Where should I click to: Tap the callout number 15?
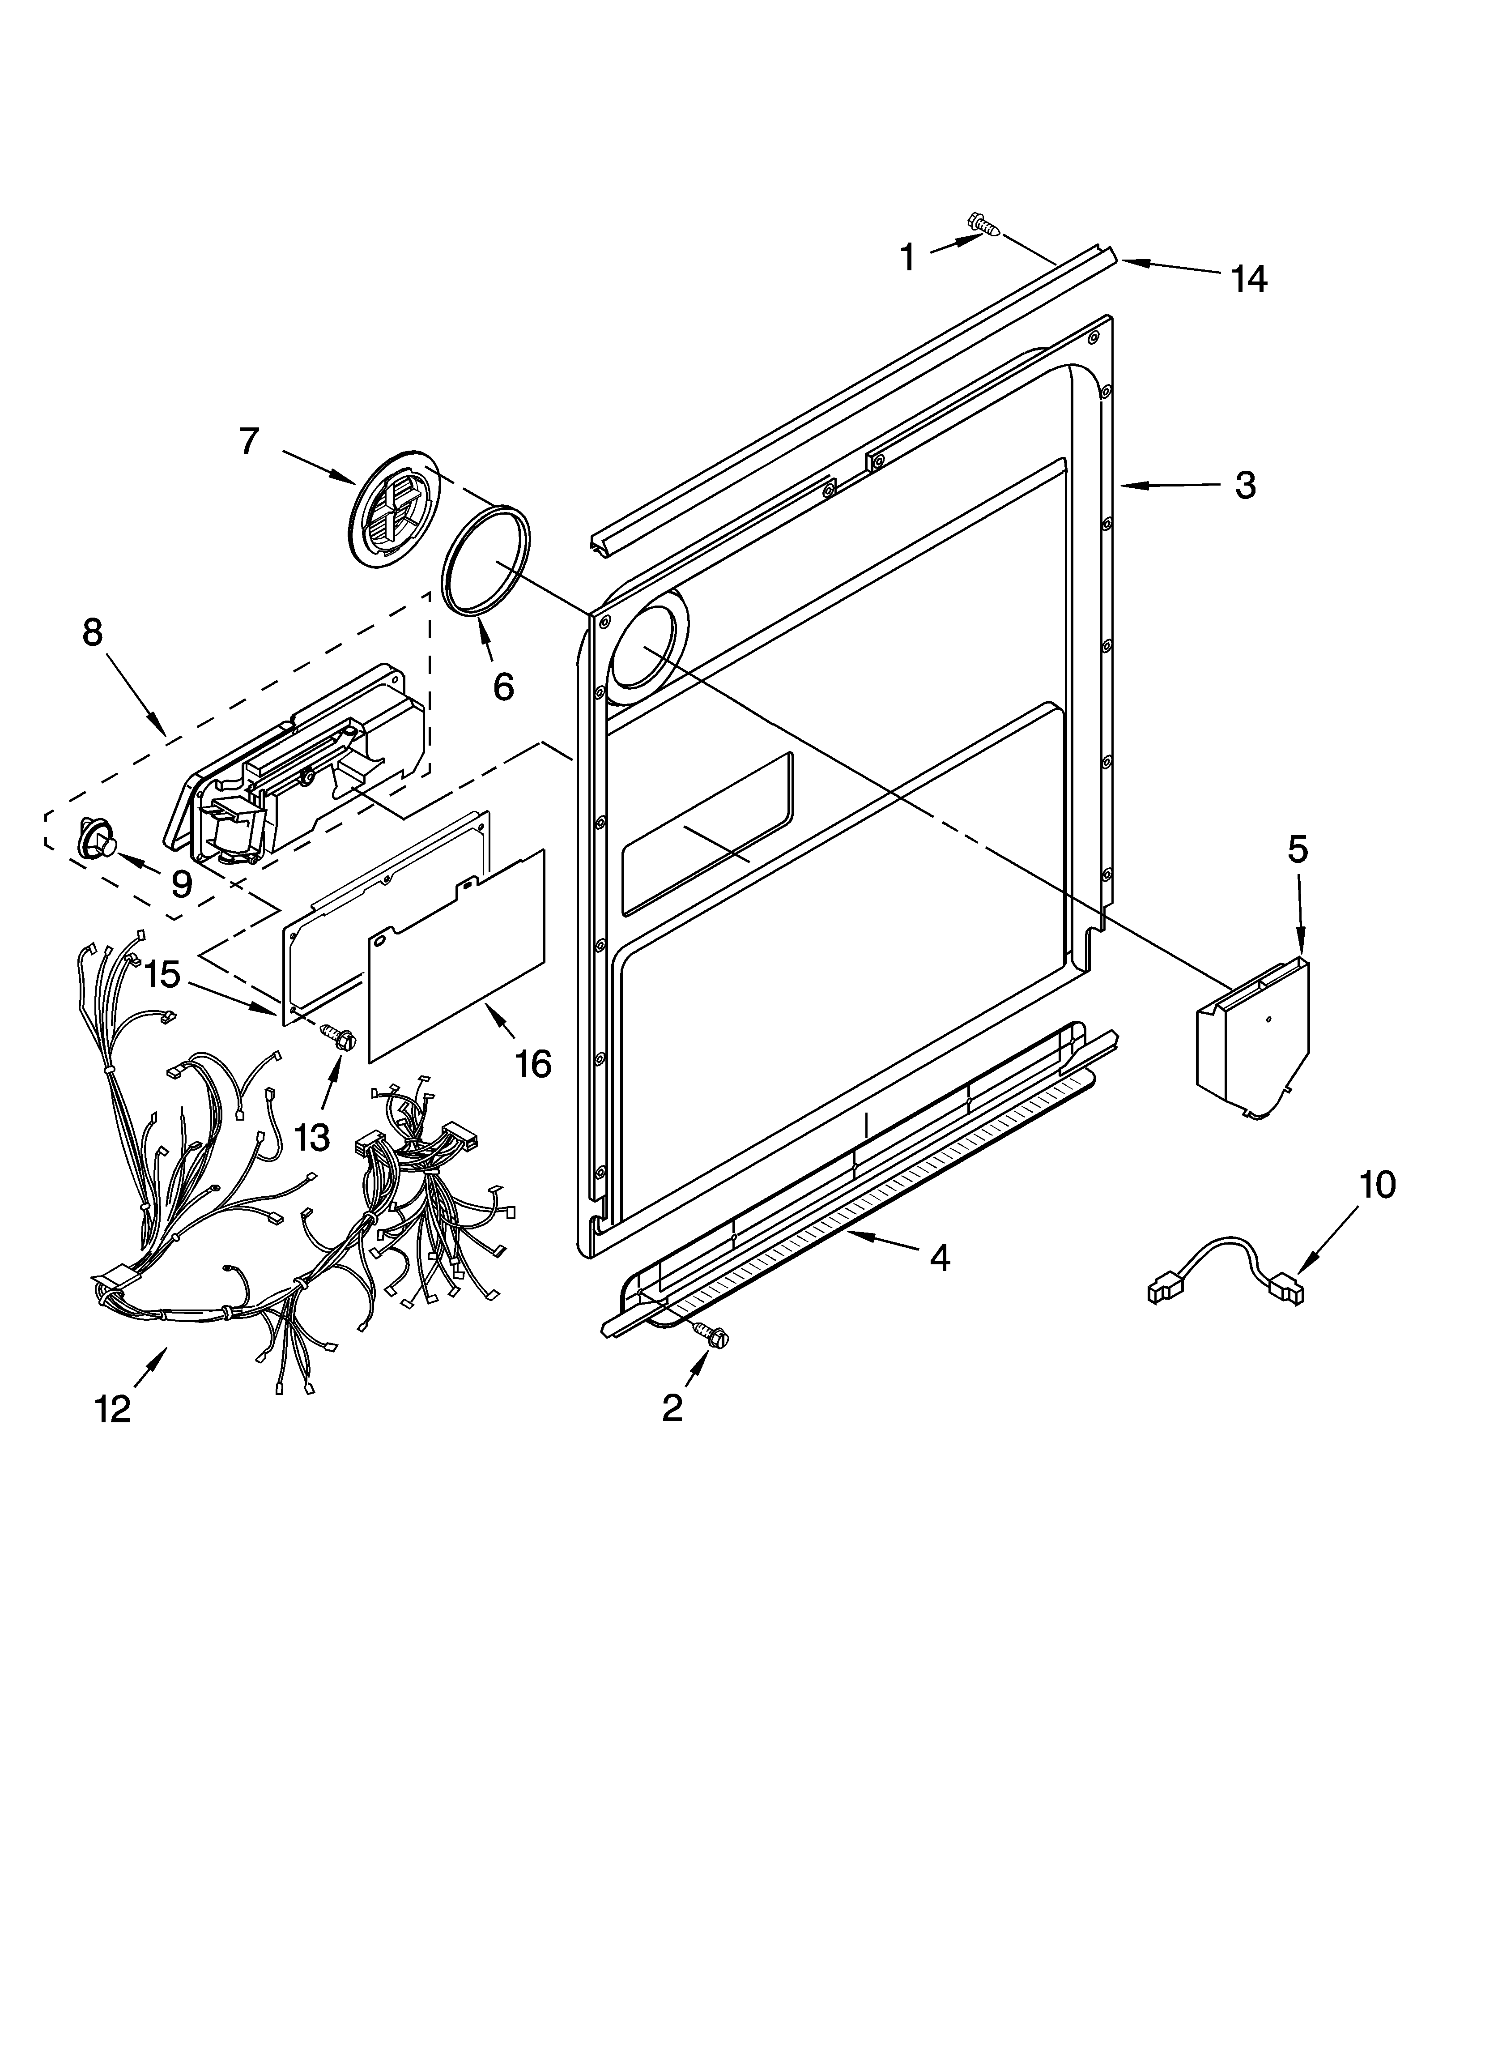click(x=162, y=974)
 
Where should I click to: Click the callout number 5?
click(x=1297, y=849)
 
